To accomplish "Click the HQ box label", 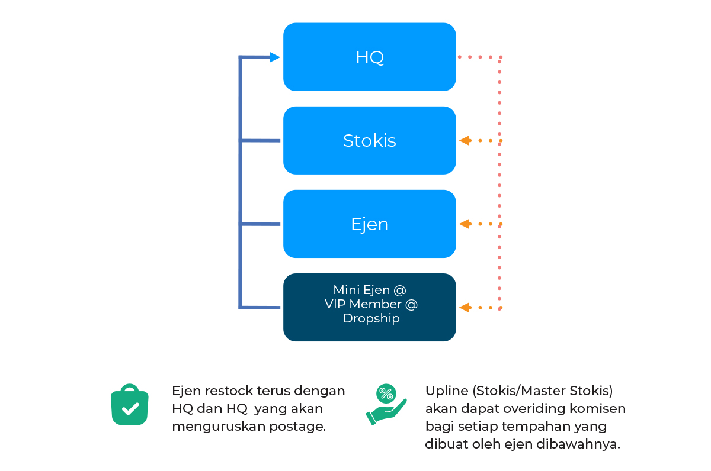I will (x=370, y=57).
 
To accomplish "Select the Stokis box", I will (x=370, y=141).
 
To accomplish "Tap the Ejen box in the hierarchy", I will (x=370, y=224).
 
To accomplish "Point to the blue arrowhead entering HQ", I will (x=274, y=57).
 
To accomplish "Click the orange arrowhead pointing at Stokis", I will (x=465, y=141).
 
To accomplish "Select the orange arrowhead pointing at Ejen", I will (x=465, y=224).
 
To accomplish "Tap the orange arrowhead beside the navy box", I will (x=465, y=308).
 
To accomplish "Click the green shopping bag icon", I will (x=129, y=405).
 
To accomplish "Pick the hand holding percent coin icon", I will (x=386, y=405).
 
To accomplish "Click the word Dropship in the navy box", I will (x=371, y=318).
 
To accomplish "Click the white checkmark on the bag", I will (x=130, y=408).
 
